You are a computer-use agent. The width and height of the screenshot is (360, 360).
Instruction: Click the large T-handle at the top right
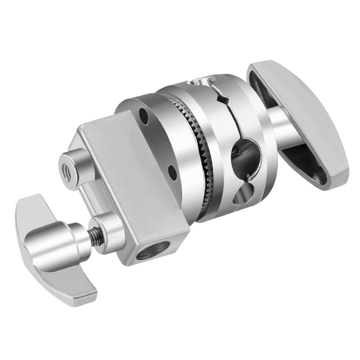299,112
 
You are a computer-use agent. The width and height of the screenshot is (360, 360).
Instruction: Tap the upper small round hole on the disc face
143,116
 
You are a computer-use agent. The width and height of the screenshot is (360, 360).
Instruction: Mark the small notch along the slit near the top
221,96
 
